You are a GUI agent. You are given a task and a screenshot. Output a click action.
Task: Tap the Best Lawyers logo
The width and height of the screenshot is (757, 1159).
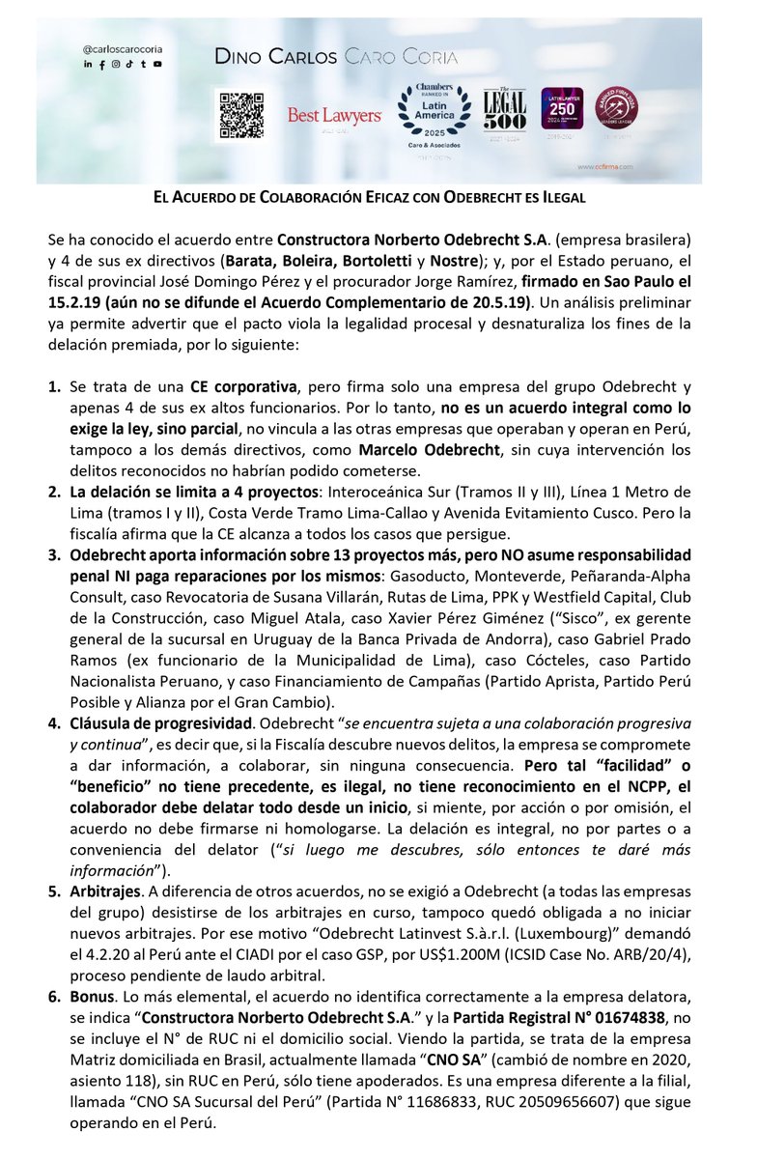coord(334,116)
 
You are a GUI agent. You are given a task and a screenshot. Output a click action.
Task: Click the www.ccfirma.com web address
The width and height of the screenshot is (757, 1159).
coord(611,166)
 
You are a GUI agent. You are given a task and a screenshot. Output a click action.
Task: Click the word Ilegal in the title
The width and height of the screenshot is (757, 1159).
coord(559,197)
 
